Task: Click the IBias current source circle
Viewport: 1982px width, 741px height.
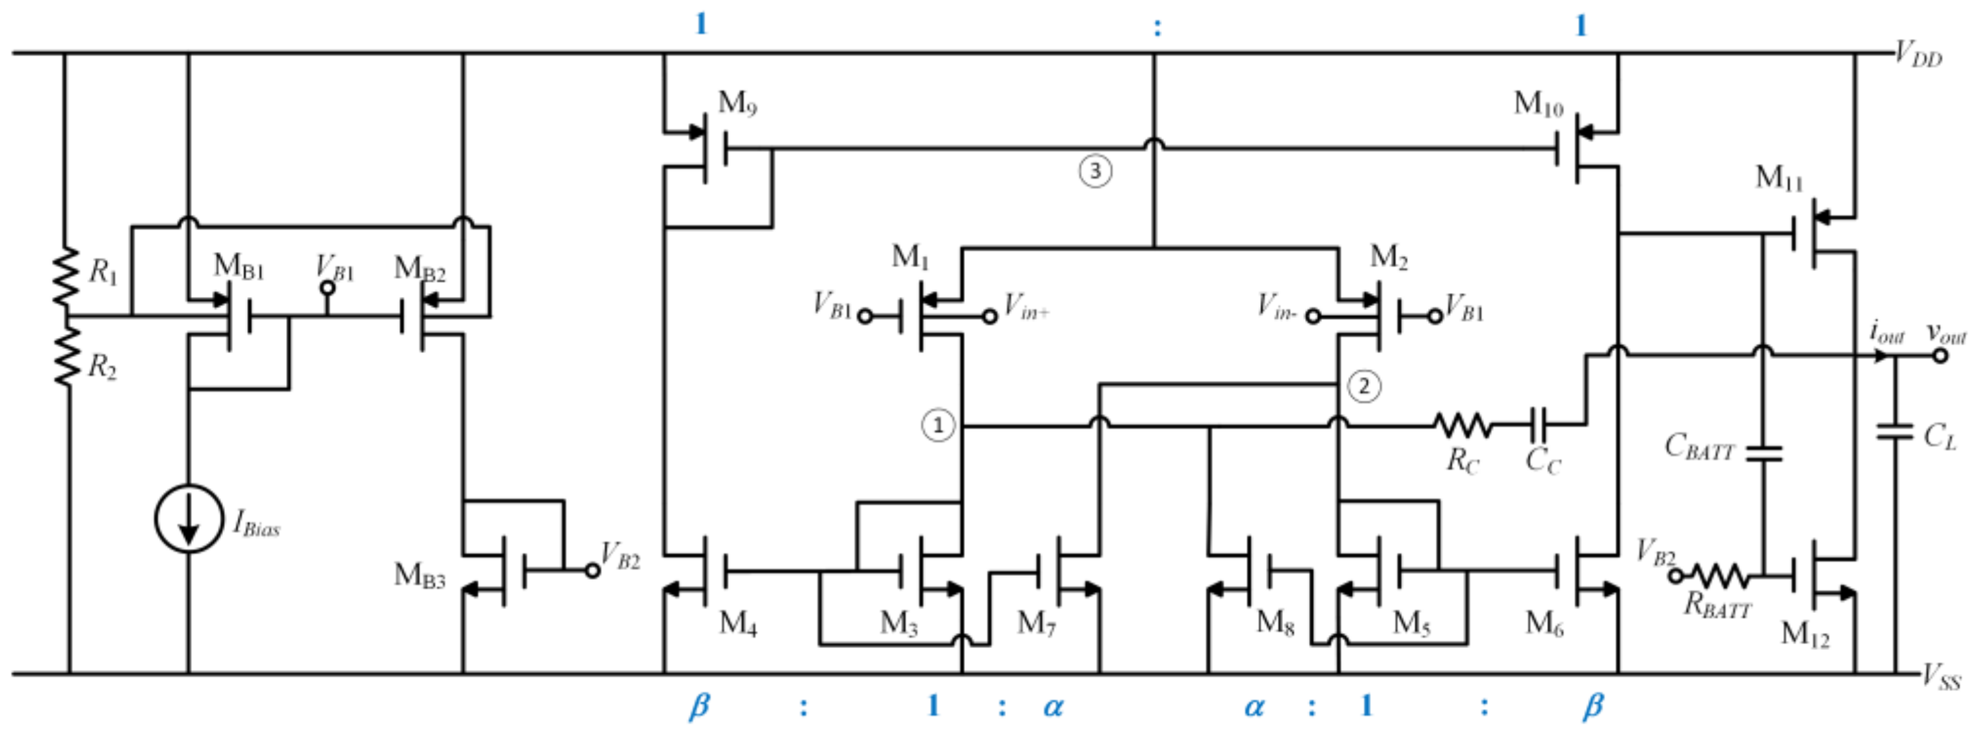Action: pyautogui.click(x=189, y=519)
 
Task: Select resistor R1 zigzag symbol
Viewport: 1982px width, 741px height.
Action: pyautogui.click(x=66, y=276)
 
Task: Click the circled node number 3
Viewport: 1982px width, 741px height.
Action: pyautogui.click(x=1095, y=171)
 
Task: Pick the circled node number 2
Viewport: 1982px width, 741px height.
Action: pyautogui.click(x=1364, y=385)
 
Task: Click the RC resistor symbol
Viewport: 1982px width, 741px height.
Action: pyautogui.click(x=1462, y=424)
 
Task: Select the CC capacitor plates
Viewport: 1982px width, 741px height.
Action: pyautogui.click(x=1539, y=424)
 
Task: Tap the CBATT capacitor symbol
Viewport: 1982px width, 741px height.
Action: pyautogui.click(x=1764, y=453)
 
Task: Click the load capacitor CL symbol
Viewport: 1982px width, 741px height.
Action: pyautogui.click(x=1894, y=432)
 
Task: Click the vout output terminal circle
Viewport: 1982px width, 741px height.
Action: pyautogui.click(x=1940, y=356)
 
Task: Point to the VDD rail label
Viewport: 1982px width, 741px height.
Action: pyautogui.click(x=1918, y=55)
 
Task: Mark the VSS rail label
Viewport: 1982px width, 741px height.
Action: pyautogui.click(x=1940, y=677)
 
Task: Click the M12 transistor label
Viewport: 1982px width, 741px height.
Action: pyautogui.click(x=1804, y=634)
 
